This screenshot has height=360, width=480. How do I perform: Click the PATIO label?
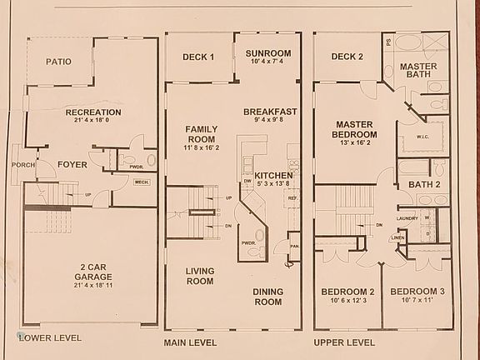click(x=57, y=62)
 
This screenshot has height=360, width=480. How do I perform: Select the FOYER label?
click(x=72, y=164)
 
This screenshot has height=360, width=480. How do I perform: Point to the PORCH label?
click(x=23, y=164)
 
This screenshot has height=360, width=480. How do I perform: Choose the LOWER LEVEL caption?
click(x=51, y=338)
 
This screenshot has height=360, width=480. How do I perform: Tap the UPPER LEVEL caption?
click(x=342, y=342)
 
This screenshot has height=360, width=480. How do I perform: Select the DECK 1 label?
click(x=198, y=57)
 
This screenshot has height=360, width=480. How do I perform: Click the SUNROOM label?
click(x=267, y=53)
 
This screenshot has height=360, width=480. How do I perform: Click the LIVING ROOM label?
click(x=200, y=276)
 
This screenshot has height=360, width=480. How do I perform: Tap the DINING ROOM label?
click(x=268, y=297)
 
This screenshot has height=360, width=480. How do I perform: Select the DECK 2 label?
click(x=347, y=57)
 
